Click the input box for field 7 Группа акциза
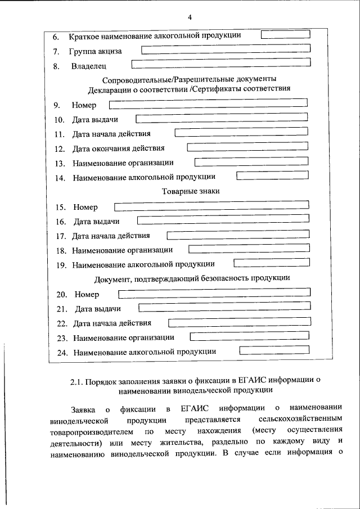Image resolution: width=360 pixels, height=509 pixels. [x=225, y=50]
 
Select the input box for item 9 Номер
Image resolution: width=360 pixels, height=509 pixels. [x=208, y=103]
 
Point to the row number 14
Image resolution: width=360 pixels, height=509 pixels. [x=61, y=178]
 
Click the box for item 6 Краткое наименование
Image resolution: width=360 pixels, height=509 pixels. [x=286, y=34]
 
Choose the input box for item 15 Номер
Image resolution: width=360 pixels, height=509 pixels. [x=211, y=206]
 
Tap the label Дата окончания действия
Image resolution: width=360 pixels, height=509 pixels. [x=119, y=149]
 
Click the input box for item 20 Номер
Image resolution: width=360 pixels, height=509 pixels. [x=214, y=293]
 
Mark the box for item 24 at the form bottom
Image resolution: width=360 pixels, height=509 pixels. [x=275, y=351]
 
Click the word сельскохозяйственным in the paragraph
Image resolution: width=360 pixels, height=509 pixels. [x=300, y=420]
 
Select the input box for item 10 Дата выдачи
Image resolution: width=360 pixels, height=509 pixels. [x=222, y=118]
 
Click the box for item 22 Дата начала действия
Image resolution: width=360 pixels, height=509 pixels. [x=240, y=322]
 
